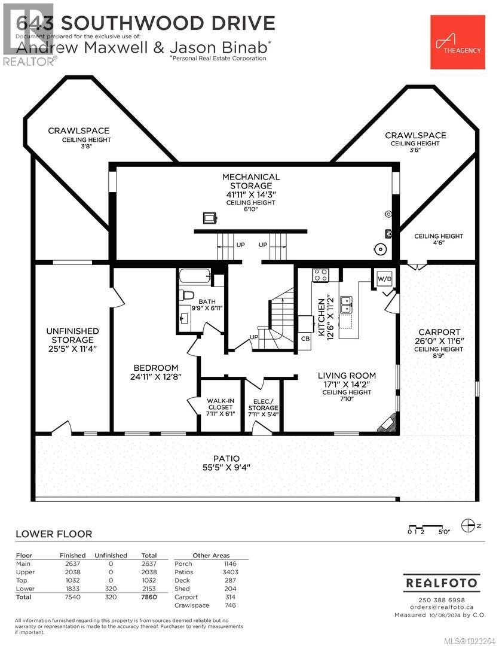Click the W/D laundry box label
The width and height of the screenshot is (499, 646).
pos(382,278)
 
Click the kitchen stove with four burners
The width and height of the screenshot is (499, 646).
pos(321,275)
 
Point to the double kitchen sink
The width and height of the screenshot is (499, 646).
pos(345,304)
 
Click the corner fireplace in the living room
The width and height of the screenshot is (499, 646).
pos(386,422)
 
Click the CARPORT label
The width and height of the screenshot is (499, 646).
pos(439,332)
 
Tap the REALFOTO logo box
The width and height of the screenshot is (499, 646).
pos(442,582)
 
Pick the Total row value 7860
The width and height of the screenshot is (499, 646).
pos(149,597)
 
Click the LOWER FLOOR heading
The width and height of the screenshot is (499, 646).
pos(54,534)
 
